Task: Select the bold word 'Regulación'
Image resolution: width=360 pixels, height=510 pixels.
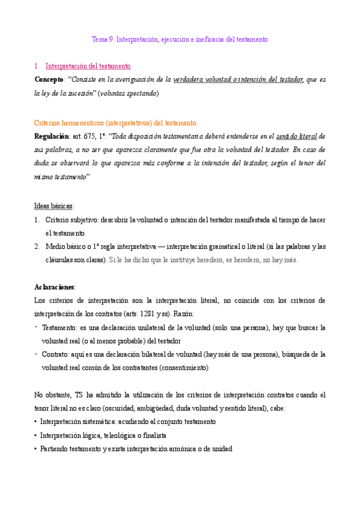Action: tap(52, 137)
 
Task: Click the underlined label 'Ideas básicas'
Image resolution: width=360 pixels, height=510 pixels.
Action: tap(53, 205)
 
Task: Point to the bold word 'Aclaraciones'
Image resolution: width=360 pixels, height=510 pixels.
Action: tap(55, 287)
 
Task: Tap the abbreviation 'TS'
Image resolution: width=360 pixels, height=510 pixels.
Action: tap(79, 395)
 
